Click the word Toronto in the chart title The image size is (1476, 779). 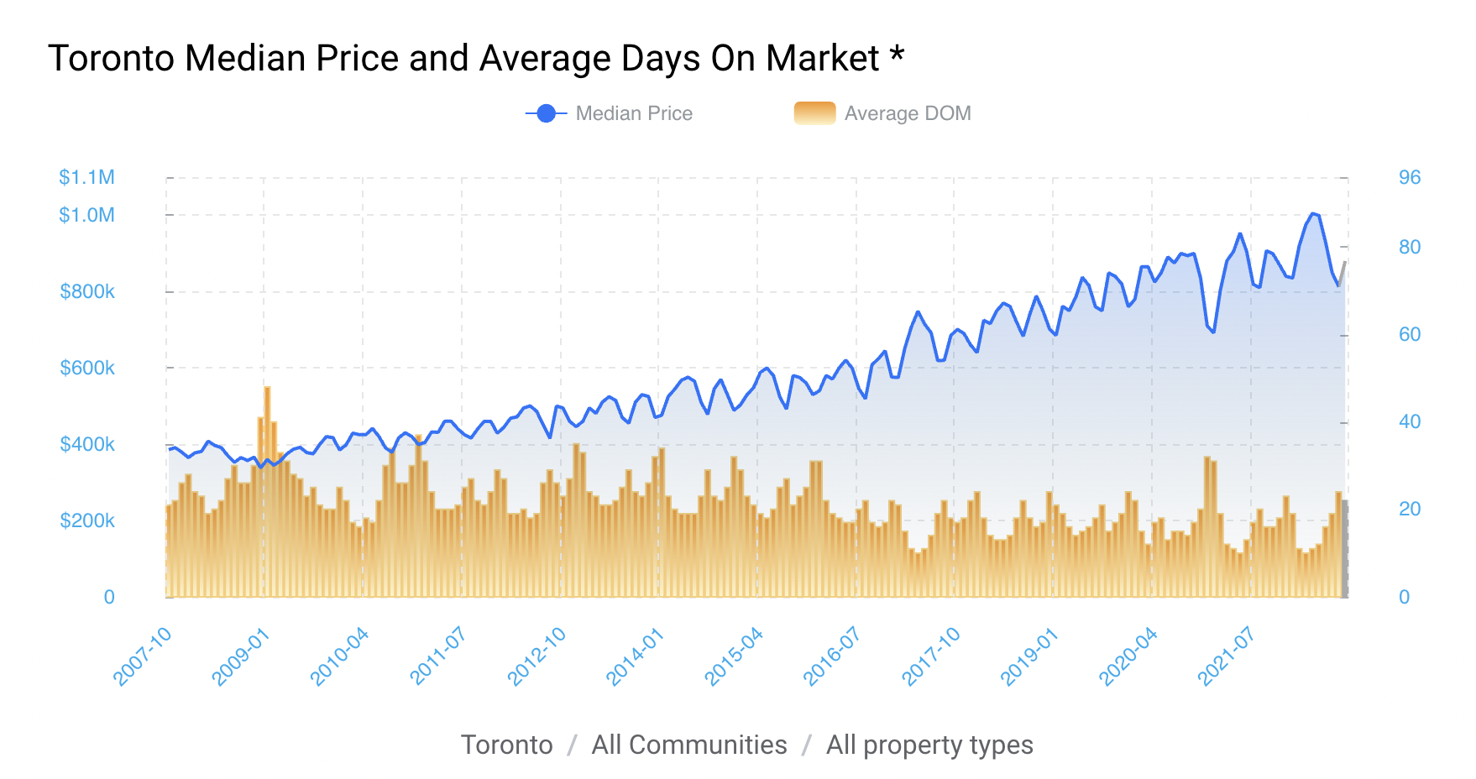click(111, 59)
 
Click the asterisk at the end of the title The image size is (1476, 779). click(897, 55)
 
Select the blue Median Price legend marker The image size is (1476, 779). click(546, 113)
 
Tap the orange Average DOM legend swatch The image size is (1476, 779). click(814, 113)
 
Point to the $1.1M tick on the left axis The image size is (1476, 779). click(86, 177)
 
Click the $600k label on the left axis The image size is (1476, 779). click(87, 368)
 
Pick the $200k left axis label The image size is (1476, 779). click(87, 520)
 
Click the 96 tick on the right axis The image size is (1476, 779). click(1410, 177)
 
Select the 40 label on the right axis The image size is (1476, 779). click(1410, 421)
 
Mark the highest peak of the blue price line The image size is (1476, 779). click(1313, 214)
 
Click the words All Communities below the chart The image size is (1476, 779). click(688, 745)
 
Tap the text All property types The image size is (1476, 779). click(929, 745)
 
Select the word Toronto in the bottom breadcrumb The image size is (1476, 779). click(506, 745)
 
